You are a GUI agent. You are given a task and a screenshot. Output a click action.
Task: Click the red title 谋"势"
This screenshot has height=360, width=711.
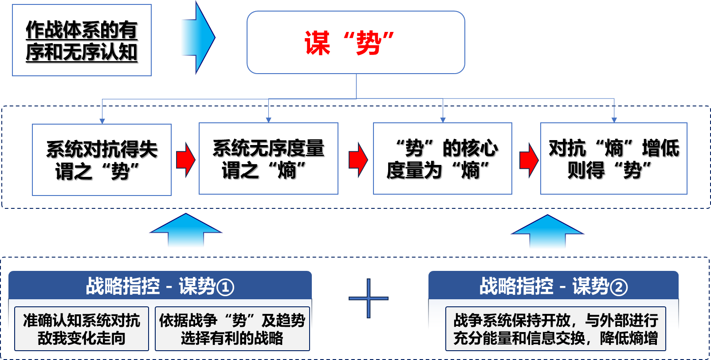(350, 43)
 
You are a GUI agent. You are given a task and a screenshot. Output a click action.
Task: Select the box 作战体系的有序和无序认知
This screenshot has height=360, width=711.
(82, 40)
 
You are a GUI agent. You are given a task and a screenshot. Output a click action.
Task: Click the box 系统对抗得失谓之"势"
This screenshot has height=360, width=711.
(102, 160)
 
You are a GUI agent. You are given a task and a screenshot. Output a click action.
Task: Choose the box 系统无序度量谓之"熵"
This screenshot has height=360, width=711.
(268, 159)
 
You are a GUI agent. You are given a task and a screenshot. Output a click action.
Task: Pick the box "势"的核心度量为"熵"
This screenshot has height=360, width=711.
(442, 159)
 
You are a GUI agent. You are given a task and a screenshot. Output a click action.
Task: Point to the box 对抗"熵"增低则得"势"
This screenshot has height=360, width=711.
(613, 159)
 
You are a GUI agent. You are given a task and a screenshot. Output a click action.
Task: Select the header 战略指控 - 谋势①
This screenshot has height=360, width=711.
(160, 286)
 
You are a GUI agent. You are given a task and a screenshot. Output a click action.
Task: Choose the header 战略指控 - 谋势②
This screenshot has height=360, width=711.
(553, 286)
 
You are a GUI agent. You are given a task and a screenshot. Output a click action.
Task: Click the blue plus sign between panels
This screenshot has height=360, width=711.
(369, 298)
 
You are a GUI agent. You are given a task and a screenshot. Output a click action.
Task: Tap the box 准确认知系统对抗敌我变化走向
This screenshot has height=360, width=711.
(82, 329)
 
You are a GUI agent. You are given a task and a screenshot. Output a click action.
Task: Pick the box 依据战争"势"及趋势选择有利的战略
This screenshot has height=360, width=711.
(232, 329)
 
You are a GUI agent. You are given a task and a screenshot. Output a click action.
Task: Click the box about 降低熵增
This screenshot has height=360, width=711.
(555, 329)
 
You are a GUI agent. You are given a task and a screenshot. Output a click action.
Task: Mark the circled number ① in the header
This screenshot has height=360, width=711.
(225, 287)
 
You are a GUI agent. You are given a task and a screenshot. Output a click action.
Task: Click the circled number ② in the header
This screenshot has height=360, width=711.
(619, 287)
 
